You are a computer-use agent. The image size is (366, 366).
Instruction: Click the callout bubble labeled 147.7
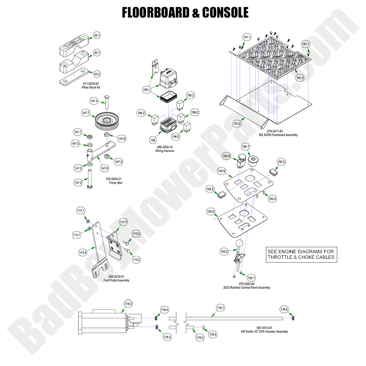[x=86, y=112]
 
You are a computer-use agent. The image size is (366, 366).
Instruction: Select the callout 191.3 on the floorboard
[x=300, y=78]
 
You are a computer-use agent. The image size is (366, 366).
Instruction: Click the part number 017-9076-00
[x=91, y=84]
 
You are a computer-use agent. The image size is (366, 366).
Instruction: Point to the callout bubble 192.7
[x=246, y=146]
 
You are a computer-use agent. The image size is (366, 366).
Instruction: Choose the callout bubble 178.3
[x=128, y=304]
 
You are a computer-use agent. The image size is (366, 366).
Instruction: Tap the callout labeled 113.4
[x=82, y=253]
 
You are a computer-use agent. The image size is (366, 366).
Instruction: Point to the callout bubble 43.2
[x=97, y=74]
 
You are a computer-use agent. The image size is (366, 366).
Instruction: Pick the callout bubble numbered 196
[x=153, y=140]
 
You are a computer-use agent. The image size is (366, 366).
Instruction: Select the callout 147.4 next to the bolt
[x=94, y=101]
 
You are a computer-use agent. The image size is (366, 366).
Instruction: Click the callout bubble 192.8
[x=211, y=212]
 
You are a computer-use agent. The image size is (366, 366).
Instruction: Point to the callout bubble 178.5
[x=213, y=334]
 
